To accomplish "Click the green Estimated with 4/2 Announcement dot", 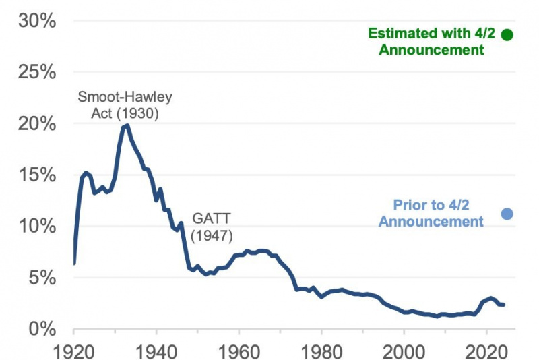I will point(507,34).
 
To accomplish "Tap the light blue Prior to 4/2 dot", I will point(507,214).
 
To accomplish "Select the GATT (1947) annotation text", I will point(212,228).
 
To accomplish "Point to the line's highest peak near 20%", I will point(127,125).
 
